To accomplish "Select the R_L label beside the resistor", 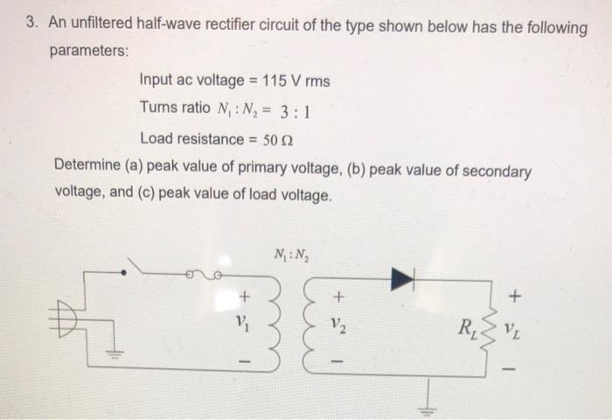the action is pyautogui.click(x=461, y=331).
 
